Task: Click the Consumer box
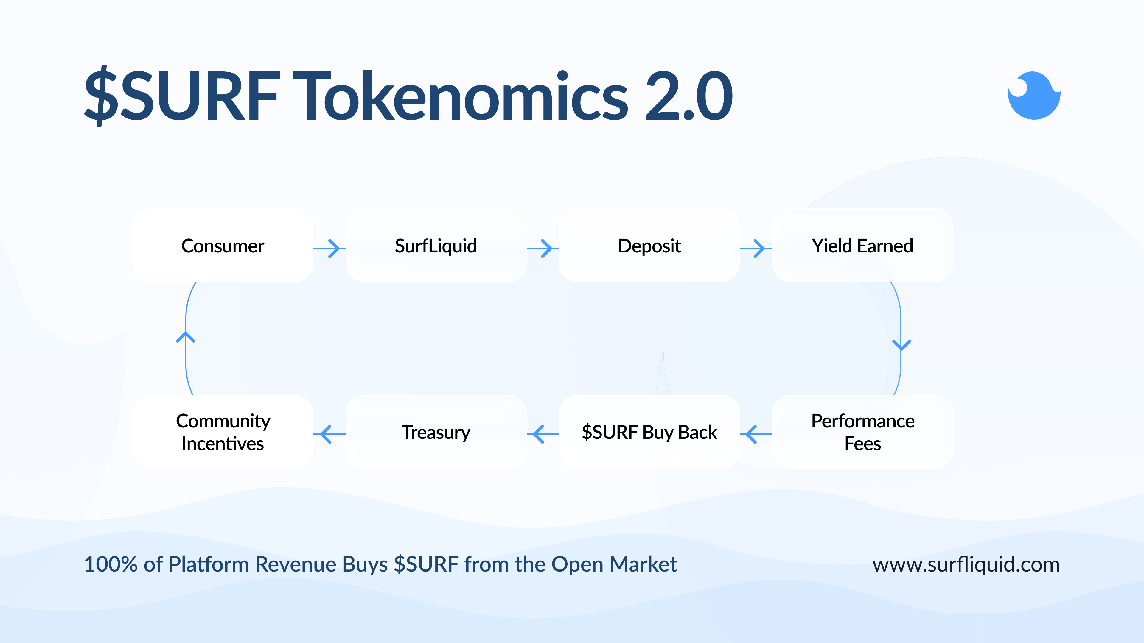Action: click(223, 245)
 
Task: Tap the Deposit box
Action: click(649, 245)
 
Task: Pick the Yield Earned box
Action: click(862, 245)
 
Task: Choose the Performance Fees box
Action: click(862, 432)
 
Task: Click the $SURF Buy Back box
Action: click(649, 432)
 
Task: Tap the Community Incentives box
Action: click(223, 432)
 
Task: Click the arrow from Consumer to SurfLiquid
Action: click(329, 249)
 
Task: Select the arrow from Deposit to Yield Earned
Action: click(756, 249)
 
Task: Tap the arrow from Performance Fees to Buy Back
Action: click(756, 434)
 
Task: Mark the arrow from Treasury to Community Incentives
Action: click(329, 434)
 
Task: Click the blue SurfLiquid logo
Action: click(1034, 95)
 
